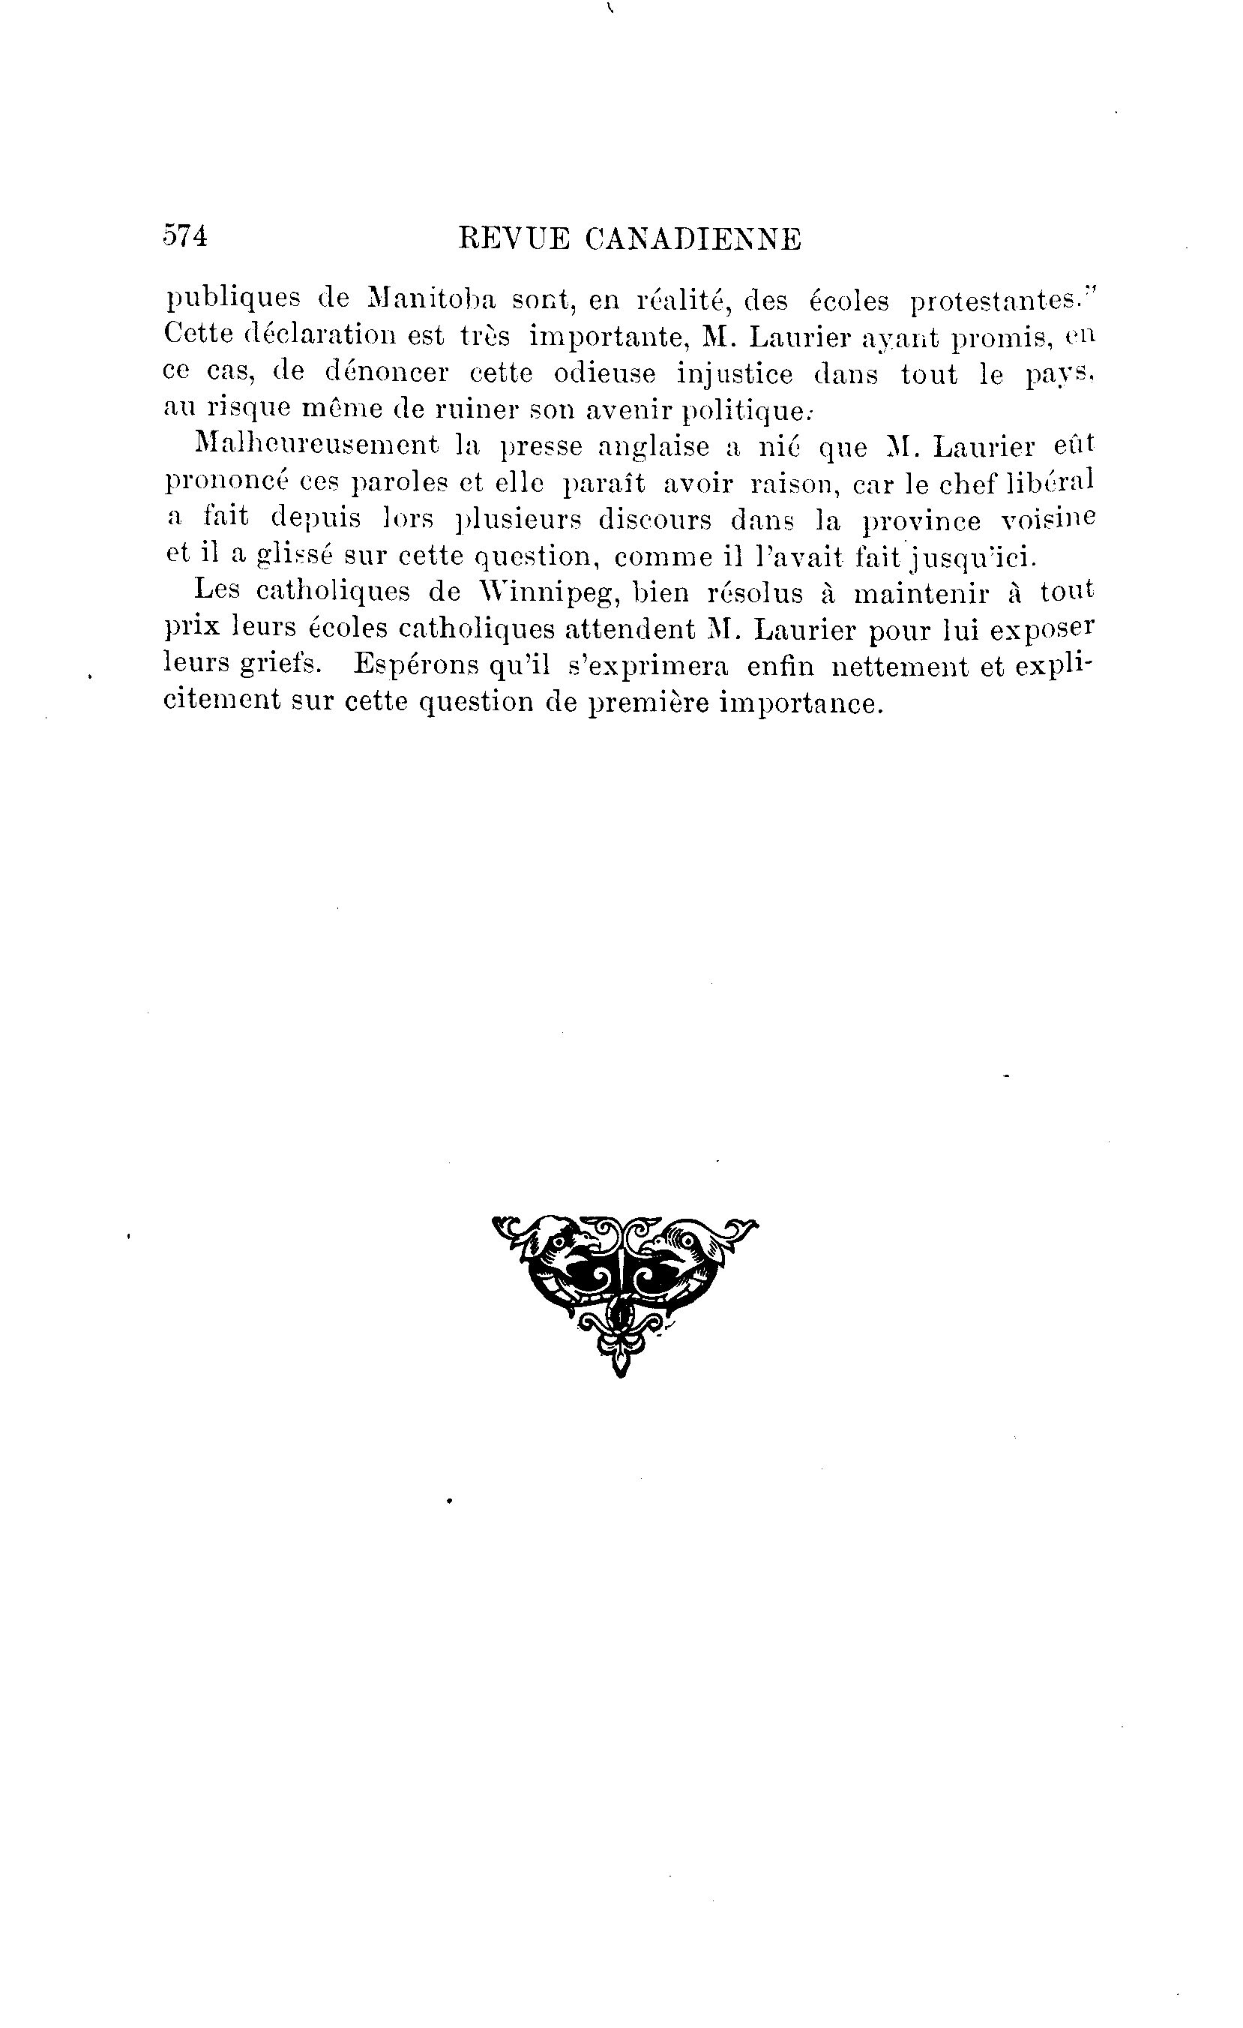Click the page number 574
(185, 237)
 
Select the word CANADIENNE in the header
(693, 239)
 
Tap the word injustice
(735, 374)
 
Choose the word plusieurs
(517, 520)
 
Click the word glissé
(292, 556)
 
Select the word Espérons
(416, 665)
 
